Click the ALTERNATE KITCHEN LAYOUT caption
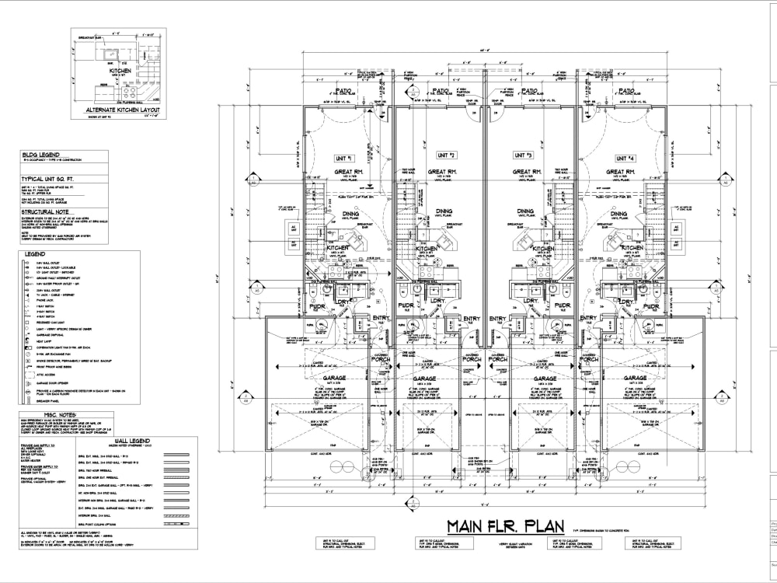tap(122, 110)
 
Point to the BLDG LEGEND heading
tap(40, 155)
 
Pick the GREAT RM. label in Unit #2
tap(441, 172)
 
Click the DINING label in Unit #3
tap(526, 211)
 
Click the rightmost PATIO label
tap(626, 91)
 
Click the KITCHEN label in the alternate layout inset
tap(120, 71)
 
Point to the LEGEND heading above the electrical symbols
tap(34, 253)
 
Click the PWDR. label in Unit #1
tap(317, 308)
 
